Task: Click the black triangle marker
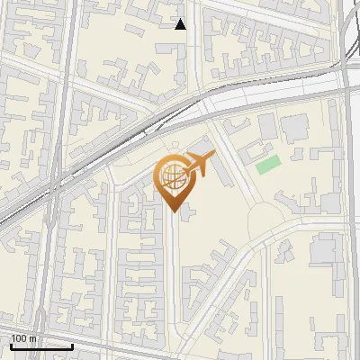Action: (x=181, y=24)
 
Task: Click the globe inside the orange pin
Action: (x=171, y=177)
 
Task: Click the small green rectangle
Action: (x=267, y=165)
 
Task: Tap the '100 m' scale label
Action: (x=23, y=338)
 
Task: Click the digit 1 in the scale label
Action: (x=13, y=338)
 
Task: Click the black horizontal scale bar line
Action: (x=40, y=346)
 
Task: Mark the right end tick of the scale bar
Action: (x=72, y=345)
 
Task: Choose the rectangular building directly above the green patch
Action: (x=267, y=126)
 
